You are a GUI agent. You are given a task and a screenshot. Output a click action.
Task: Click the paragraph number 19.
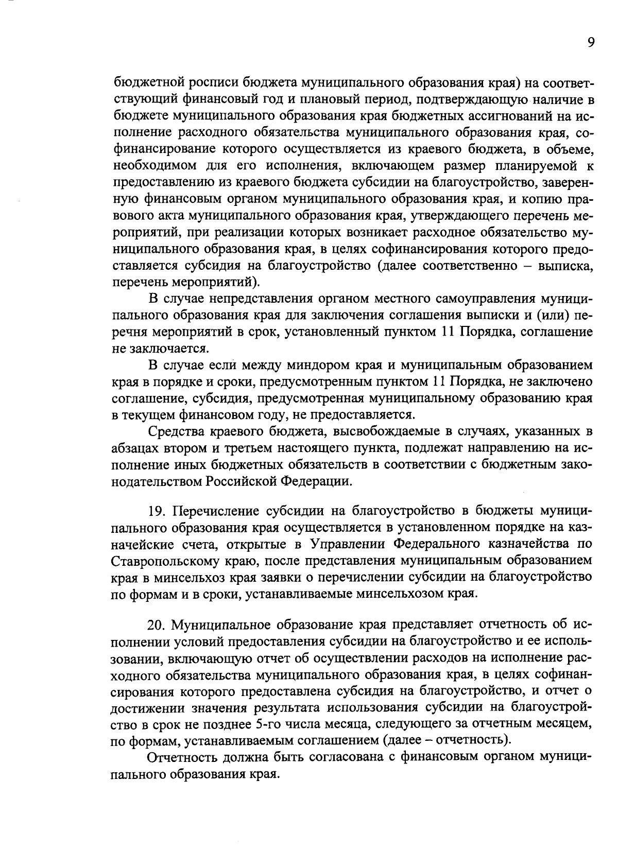point(157,511)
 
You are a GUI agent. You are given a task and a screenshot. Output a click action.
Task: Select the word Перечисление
point(215,511)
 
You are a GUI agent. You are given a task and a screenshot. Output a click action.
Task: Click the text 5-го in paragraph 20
point(268,724)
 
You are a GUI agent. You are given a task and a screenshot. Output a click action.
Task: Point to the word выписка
point(566,266)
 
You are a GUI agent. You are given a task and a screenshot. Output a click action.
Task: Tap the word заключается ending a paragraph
point(160,349)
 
